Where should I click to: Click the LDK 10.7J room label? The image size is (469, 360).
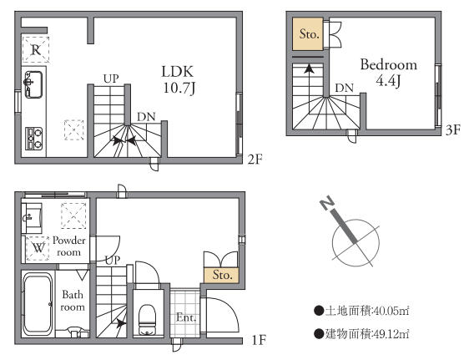tap(179, 79)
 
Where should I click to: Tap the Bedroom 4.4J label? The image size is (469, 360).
tap(389, 73)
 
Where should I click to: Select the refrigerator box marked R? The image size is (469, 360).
tap(36, 49)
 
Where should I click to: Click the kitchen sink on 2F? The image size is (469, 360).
tap(33, 84)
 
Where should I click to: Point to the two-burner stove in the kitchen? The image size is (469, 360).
tap(34, 139)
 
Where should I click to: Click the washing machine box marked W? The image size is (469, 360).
tap(38, 248)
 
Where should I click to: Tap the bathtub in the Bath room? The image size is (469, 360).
tap(38, 304)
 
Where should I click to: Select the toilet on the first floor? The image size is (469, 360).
tap(148, 320)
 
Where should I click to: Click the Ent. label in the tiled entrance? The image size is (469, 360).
tap(186, 317)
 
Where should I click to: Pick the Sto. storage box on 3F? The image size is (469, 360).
tap(308, 33)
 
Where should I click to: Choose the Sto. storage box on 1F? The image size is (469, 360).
tap(222, 275)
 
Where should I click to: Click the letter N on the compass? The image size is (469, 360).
tap(327, 203)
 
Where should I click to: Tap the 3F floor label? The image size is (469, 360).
tap(453, 130)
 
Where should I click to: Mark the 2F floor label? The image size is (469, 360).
tap(255, 160)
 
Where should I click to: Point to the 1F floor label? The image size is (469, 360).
tap(259, 340)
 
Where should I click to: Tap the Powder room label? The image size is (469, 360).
tap(69, 246)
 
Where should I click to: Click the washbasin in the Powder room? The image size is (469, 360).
tap(32, 218)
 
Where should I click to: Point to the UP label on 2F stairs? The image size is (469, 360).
tap(111, 79)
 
